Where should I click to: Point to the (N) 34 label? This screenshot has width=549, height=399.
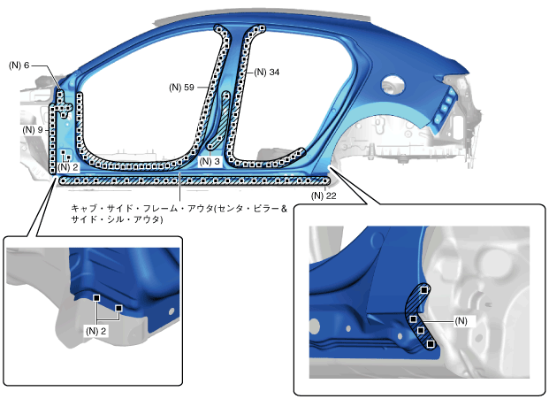tap(266, 73)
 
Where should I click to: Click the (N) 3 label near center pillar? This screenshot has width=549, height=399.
tap(210, 162)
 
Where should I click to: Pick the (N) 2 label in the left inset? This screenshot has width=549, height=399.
tap(96, 330)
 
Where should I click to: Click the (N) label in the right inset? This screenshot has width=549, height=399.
tap(460, 319)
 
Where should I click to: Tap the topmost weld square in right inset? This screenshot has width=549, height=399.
tap(425, 289)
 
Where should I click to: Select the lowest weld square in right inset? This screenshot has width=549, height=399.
tap(431, 344)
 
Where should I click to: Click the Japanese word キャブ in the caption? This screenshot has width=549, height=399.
tap(82, 208)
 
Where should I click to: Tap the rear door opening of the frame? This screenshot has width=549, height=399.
tap(274, 106)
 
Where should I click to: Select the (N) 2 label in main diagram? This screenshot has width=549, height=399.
tap(69, 166)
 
